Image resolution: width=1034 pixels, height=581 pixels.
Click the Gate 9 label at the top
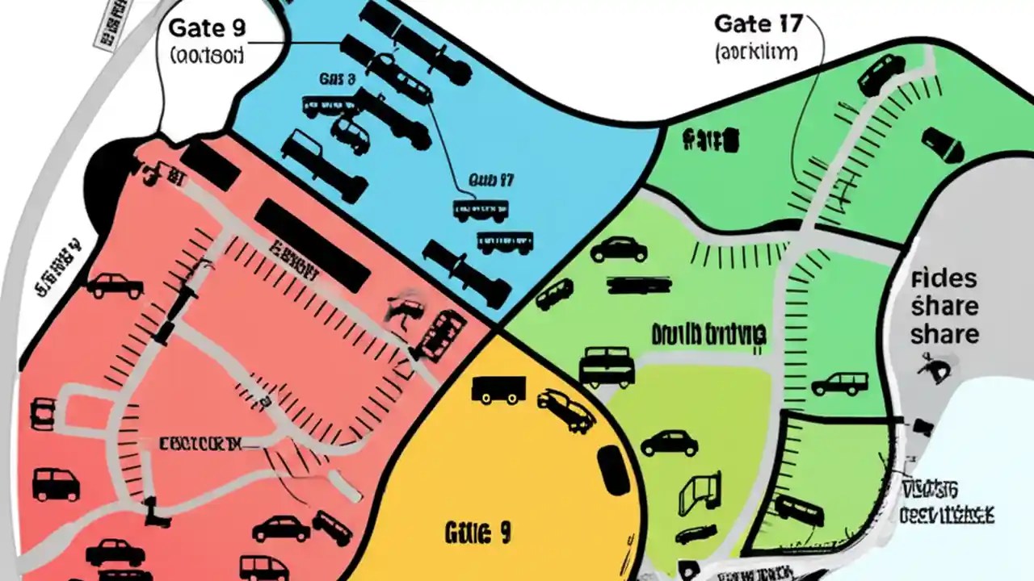click(206, 27)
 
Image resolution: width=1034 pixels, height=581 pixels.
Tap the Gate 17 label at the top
click(759, 23)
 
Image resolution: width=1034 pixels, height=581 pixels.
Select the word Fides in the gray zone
click(944, 280)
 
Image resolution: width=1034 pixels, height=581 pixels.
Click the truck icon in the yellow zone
click(498, 390)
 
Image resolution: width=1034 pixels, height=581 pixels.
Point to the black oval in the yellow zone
click(614, 470)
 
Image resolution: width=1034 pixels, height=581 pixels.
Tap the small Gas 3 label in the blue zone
click(337, 79)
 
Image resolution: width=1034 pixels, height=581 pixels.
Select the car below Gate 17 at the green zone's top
click(881, 74)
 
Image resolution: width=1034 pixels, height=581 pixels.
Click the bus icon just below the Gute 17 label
click(481, 210)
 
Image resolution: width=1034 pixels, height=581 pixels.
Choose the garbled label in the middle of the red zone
click(200, 444)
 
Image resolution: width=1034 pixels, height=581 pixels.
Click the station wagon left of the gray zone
click(840, 382)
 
